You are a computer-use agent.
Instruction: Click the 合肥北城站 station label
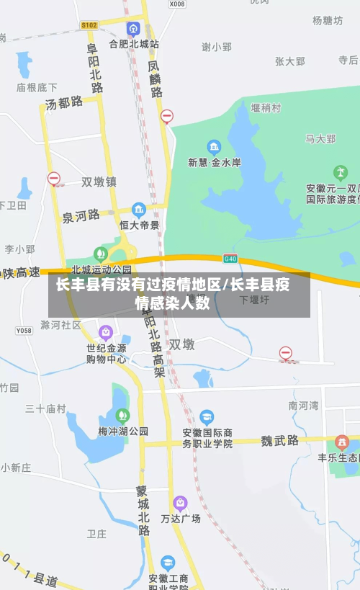coord(134,44)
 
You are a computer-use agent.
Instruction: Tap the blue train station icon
coord(133,29)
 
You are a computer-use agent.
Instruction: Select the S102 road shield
coord(89,25)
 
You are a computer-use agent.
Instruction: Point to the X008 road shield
coord(177,4)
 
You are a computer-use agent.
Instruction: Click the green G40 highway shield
coord(230,258)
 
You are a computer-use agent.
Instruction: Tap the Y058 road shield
coord(24,331)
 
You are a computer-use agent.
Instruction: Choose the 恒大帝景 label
coord(139,225)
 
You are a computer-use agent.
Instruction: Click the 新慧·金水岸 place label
coord(214,163)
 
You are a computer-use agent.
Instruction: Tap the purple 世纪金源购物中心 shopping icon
coord(106,332)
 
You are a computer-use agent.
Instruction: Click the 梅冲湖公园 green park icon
coord(122,416)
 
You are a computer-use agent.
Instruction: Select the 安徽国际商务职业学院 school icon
coord(207,416)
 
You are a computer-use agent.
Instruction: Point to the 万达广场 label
coord(181,518)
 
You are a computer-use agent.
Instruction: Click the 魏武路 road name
coord(279,440)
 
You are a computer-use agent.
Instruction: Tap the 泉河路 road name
coord(81,215)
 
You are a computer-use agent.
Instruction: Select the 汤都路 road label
coord(64,103)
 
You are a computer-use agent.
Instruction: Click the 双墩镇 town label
coord(99,182)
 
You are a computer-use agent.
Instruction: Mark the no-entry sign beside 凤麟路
coord(167,116)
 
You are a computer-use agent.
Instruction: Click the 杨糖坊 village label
coord(328,21)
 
